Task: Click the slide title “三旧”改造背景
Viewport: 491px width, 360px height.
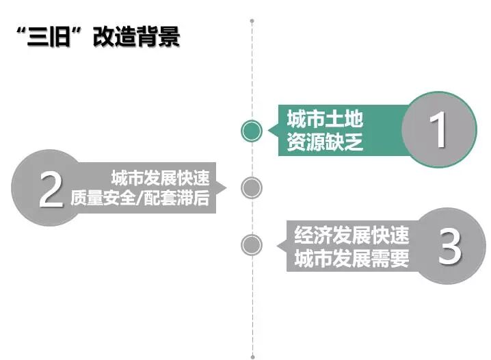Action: click(97, 37)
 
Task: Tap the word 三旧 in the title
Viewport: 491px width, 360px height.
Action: click(48, 37)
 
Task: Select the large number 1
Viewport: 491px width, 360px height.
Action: click(438, 129)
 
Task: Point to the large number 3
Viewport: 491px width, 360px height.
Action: click(449, 247)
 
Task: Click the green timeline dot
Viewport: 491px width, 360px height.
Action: click(252, 130)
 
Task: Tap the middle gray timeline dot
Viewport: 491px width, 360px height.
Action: click(252, 187)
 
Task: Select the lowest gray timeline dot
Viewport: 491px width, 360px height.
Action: click(252, 244)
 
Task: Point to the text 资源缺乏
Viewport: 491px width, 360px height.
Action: click(325, 143)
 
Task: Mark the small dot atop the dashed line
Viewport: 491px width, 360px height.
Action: click(252, 21)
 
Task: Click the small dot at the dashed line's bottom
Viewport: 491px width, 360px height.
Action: click(252, 357)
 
